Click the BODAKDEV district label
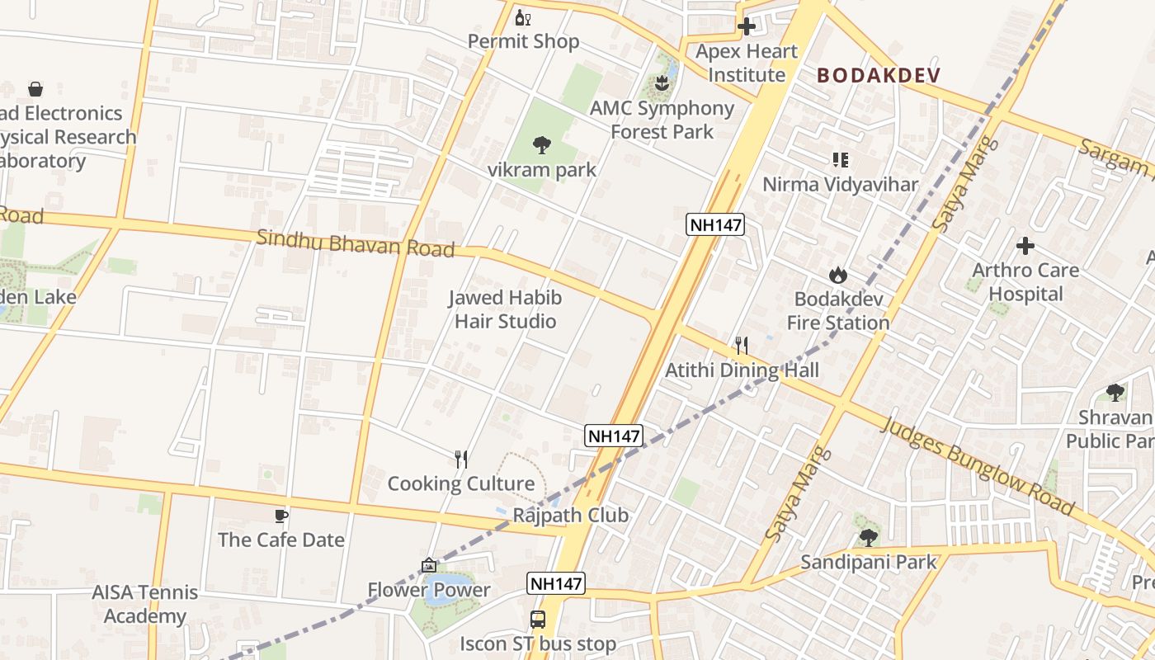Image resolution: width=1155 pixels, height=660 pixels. click(x=879, y=75)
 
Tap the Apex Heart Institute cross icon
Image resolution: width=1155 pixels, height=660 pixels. click(x=747, y=26)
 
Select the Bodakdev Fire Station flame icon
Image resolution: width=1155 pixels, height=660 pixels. click(x=838, y=275)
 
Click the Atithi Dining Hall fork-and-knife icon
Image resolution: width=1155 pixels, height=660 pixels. click(x=742, y=345)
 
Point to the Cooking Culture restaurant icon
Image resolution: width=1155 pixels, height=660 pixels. click(x=461, y=459)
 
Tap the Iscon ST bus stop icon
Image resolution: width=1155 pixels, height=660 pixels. click(x=537, y=619)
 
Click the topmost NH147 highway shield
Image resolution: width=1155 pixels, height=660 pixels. click(x=715, y=224)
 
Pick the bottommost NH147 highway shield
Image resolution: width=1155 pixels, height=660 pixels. click(x=556, y=583)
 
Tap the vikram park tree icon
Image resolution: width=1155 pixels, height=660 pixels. click(x=541, y=145)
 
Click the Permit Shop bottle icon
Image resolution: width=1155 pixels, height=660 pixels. click(x=522, y=17)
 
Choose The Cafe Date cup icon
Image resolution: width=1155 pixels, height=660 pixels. click(x=280, y=516)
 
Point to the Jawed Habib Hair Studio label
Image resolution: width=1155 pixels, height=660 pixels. click(x=505, y=309)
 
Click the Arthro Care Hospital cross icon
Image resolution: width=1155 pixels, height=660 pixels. click(x=1025, y=245)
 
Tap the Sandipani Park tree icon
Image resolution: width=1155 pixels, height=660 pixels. click(x=867, y=538)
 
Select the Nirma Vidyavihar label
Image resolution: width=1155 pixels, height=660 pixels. click(x=840, y=184)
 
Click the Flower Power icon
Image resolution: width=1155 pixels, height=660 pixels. click(x=428, y=565)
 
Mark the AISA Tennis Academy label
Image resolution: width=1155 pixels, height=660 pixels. click(x=145, y=604)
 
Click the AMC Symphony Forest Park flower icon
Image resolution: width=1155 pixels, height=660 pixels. click(x=661, y=82)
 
